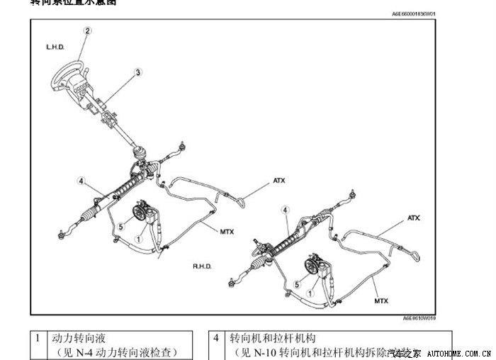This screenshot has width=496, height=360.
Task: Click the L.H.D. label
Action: [55, 47]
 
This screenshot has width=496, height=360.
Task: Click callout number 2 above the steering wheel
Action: [88, 30]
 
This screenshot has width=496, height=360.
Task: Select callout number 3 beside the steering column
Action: [138, 72]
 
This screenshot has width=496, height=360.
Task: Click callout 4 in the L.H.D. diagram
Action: [81, 181]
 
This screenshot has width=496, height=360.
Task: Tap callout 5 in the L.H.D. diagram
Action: [120, 227]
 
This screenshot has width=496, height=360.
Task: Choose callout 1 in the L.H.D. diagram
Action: [139, 240]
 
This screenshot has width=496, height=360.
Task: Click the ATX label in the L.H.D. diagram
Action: [279, 181]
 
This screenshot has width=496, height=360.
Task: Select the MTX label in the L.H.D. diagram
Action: [227, 232]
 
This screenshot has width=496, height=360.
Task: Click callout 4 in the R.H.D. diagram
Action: [285, 210]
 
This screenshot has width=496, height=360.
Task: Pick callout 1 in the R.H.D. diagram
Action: [309, 292]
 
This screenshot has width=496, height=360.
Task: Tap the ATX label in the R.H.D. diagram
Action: [414, 218]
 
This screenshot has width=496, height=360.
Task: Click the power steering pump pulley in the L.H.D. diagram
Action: [140, 211]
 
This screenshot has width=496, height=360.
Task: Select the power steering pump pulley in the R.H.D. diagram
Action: [312, 266]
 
